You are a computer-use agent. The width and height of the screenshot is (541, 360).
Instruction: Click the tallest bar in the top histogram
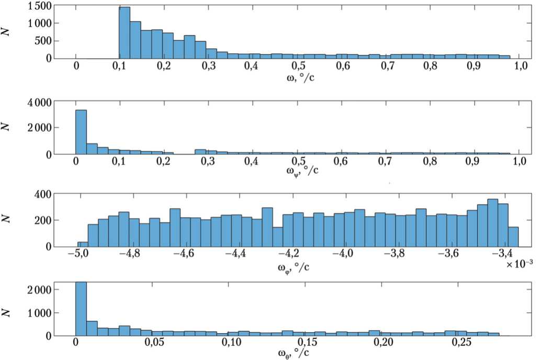click(125, 32)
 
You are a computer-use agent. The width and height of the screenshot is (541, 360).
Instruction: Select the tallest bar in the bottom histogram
click(81, 309)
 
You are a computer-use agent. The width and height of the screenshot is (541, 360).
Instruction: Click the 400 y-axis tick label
click(41, 195)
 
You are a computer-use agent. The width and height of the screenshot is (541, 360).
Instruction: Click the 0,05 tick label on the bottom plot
click(153, 346)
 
